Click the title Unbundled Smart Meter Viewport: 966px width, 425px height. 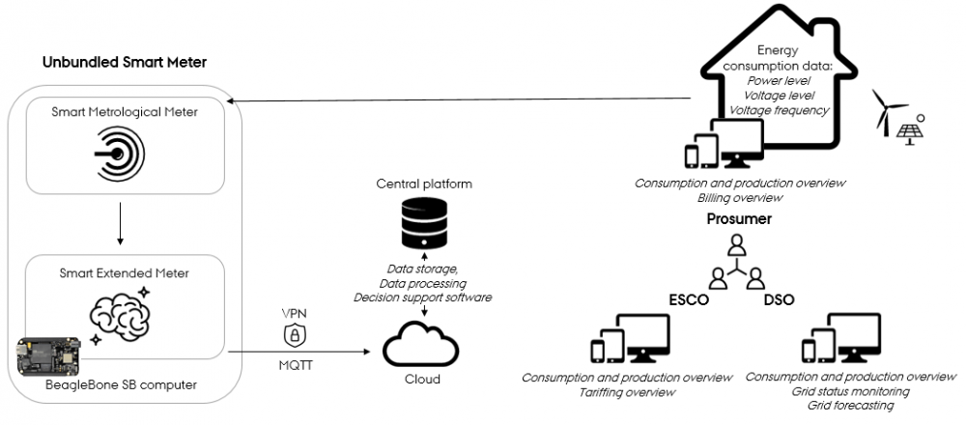pos(125,63)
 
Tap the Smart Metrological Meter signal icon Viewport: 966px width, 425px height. pos(121,154)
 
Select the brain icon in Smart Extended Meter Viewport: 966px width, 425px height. pos(121,311)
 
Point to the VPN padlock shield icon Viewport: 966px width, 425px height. pos(295,334)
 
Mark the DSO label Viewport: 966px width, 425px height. pos(779,299)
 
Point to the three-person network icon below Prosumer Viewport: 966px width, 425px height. pos(737,263)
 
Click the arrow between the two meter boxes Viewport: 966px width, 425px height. pos(121,225)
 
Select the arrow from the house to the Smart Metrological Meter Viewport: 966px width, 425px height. pos(464,99)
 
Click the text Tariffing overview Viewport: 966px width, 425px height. pos(626,391)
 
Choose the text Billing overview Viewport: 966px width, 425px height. pos(739,197)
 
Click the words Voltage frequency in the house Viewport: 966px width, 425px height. pos(780,110)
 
